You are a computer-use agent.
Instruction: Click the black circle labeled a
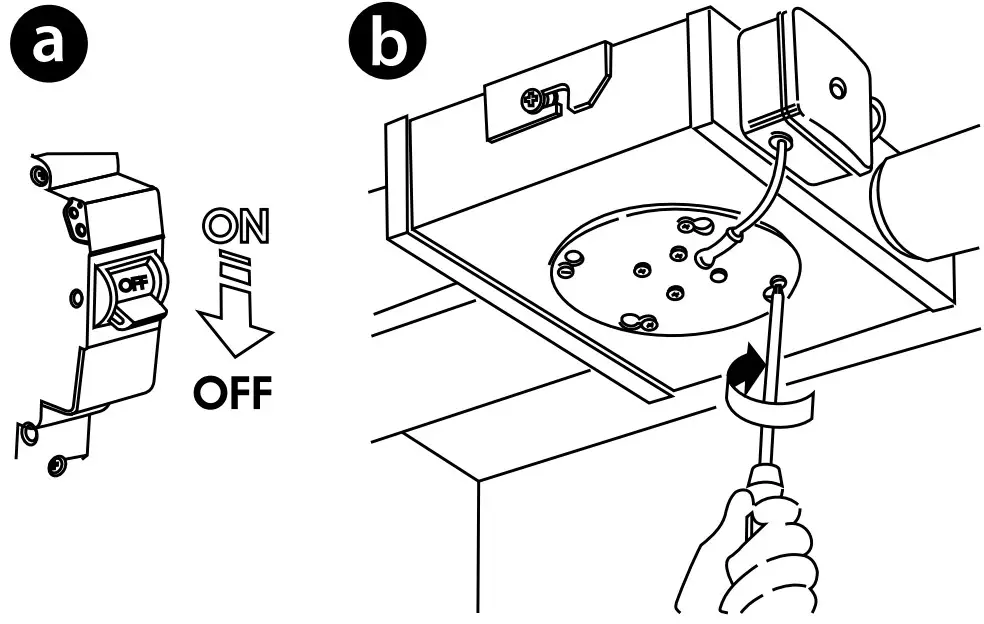pos(47,44)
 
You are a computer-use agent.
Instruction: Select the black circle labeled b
pos(386,44)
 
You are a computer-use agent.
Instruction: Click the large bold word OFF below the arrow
pos(232,394)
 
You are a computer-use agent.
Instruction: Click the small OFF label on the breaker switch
pos(132,283)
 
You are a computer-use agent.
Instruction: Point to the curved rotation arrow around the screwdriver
pos(768,395)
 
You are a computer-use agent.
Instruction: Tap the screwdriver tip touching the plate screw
pos(776,290)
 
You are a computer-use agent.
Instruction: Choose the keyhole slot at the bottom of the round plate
pos(637,321)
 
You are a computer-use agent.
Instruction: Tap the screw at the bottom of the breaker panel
pos(57,464)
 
